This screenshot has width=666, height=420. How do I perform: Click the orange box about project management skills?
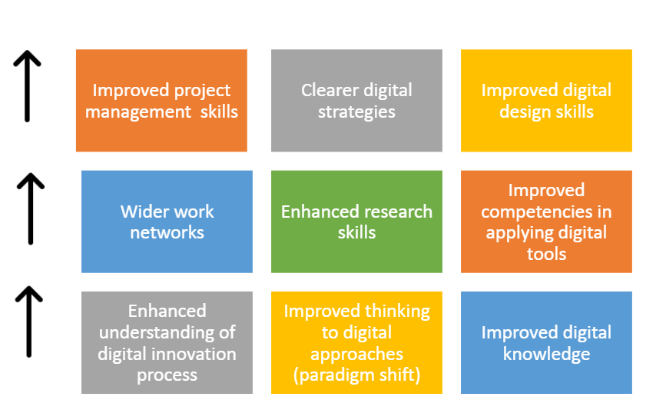(x=161, y=101)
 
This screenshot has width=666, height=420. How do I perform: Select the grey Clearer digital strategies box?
(x=356, y=101)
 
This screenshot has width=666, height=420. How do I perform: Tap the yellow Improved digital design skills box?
(x=547, y=101)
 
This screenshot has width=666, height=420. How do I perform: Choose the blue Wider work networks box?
(x=167, y=222)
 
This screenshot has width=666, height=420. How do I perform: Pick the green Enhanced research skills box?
(x=356, y=222)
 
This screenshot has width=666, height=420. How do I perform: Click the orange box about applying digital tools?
(x=547, y=222)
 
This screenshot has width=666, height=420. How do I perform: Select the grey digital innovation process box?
(x=167, y=342)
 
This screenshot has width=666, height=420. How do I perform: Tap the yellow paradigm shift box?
(x=356, y=342)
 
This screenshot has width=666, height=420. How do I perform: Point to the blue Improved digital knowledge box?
(x=547, y=342)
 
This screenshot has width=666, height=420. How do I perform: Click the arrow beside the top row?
(x=27, y=86)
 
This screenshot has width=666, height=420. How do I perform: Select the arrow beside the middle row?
(x=31, y=208)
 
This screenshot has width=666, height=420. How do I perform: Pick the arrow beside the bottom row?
(x=29, y=322)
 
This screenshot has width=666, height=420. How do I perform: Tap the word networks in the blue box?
(x=167, y=233)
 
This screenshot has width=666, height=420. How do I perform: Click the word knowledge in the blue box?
(x=547, y=355)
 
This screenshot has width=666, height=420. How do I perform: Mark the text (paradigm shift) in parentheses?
(x=356, y=375)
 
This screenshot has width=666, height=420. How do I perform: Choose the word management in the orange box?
(x=138, y=112)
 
